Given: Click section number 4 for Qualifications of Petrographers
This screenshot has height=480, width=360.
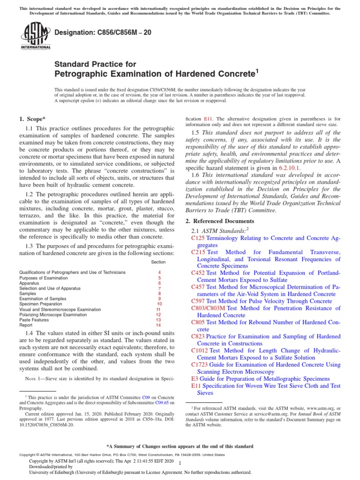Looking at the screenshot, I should (x=159, y=272).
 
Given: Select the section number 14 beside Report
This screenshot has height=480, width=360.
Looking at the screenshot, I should (x=158, y=325).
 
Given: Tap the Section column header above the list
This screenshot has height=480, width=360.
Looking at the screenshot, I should (x=158, y=262).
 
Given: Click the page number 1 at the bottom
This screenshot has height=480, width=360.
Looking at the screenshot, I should (x=180, y=463).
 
